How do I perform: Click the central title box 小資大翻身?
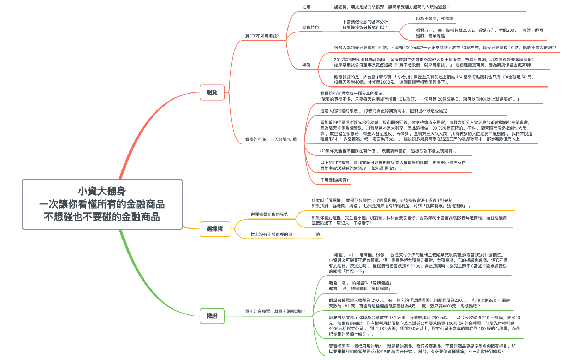click(x=102, y=204)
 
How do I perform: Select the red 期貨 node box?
click(x=212, y=92)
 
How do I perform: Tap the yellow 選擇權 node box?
click(x=215, y=229)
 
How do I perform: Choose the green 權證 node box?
click(x=212, y=316)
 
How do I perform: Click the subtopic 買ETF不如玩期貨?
click(x=262, y=36)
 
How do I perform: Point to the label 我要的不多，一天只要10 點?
click(x=271, y=139)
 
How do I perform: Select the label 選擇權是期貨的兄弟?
click(x=269, y=215)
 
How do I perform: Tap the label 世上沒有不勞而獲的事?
click(x=271, y=234)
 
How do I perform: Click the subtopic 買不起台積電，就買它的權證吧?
click(x=275, y=311)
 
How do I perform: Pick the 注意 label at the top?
click(x=306, y=7)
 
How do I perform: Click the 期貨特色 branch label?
click(x=310, y=28)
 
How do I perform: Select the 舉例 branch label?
click(x=306, y=65)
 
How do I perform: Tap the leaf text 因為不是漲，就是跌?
click(x=434, y=19)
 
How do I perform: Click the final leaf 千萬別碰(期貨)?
click(x=334, y=180)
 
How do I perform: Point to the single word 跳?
click(x=318, y=234)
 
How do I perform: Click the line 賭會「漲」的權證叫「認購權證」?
click(x=361, y=283)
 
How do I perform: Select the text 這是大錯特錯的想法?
click(x=341, y=111)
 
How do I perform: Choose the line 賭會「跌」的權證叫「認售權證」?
click(x=360, y=289)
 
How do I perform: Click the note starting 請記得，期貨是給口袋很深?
click(x=392, y=7)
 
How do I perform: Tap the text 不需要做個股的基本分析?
click(x=366, y=22)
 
